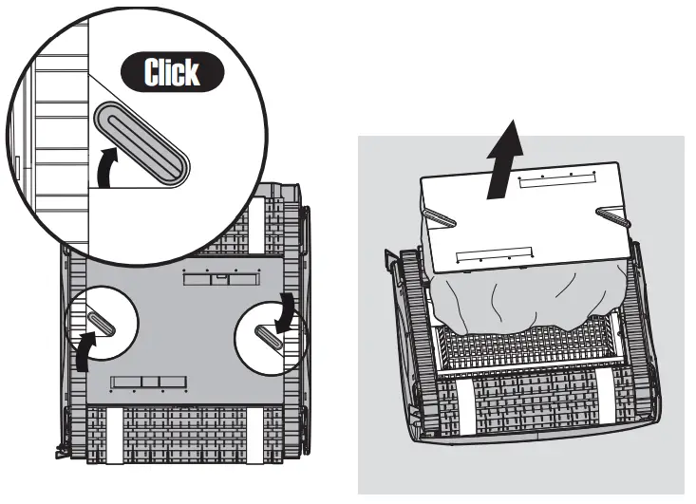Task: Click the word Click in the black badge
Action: [173, 72]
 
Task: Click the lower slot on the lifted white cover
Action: [491, 254]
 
